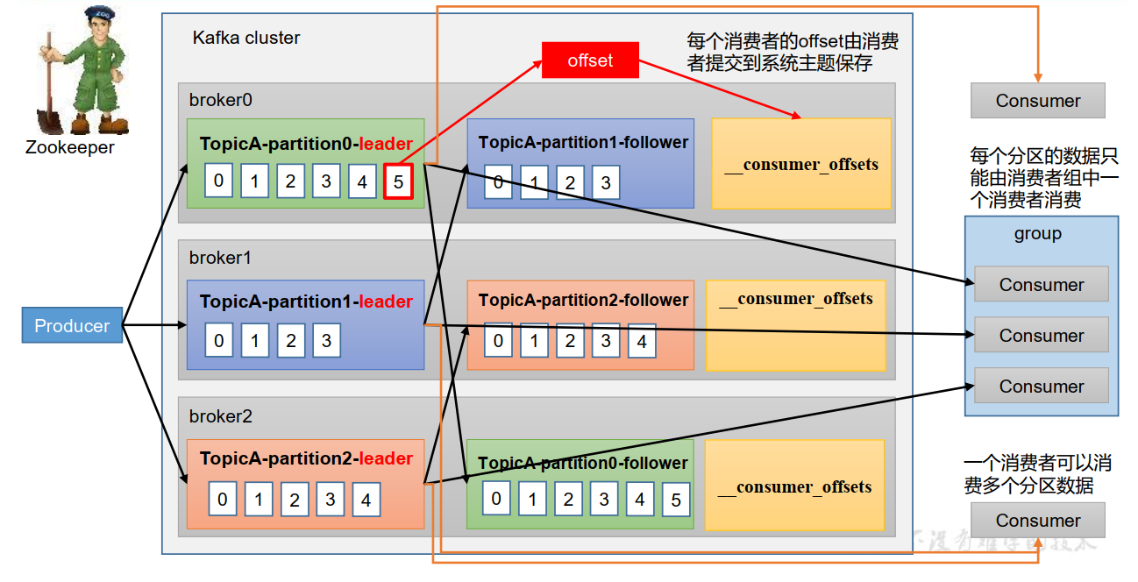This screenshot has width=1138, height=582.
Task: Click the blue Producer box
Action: tap(72, 326)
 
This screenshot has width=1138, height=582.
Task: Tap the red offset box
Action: tap(590, 60)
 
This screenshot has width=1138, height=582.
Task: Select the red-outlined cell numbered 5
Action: tap(398, 182)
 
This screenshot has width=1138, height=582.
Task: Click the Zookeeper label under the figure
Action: tap(70, 147)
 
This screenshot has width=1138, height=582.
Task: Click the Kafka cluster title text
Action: tap(246, 38)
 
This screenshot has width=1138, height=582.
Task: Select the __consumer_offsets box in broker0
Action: tap(801, 164)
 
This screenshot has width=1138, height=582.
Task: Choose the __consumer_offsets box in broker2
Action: tap(794, 486)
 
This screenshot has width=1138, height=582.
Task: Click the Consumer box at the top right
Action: tap(1037, 101)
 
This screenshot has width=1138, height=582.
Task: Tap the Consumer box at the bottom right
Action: tap(1037, 521)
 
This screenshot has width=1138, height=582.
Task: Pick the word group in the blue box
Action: tap(1037, 234)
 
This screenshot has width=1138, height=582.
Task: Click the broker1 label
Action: tap(220, 258)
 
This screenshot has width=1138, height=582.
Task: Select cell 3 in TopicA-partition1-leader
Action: tap(326, 340)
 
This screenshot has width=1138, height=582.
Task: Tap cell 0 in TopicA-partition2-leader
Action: tap(223, 500)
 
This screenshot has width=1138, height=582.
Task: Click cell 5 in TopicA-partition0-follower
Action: tap(675, 500)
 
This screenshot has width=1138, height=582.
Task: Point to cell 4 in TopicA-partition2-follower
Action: tap(642, 341)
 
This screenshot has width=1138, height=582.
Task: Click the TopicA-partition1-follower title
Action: tap(583, 142)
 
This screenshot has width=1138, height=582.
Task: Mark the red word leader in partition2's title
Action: tap(386, 458)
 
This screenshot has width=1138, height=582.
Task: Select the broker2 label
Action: tap(220, 416)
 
